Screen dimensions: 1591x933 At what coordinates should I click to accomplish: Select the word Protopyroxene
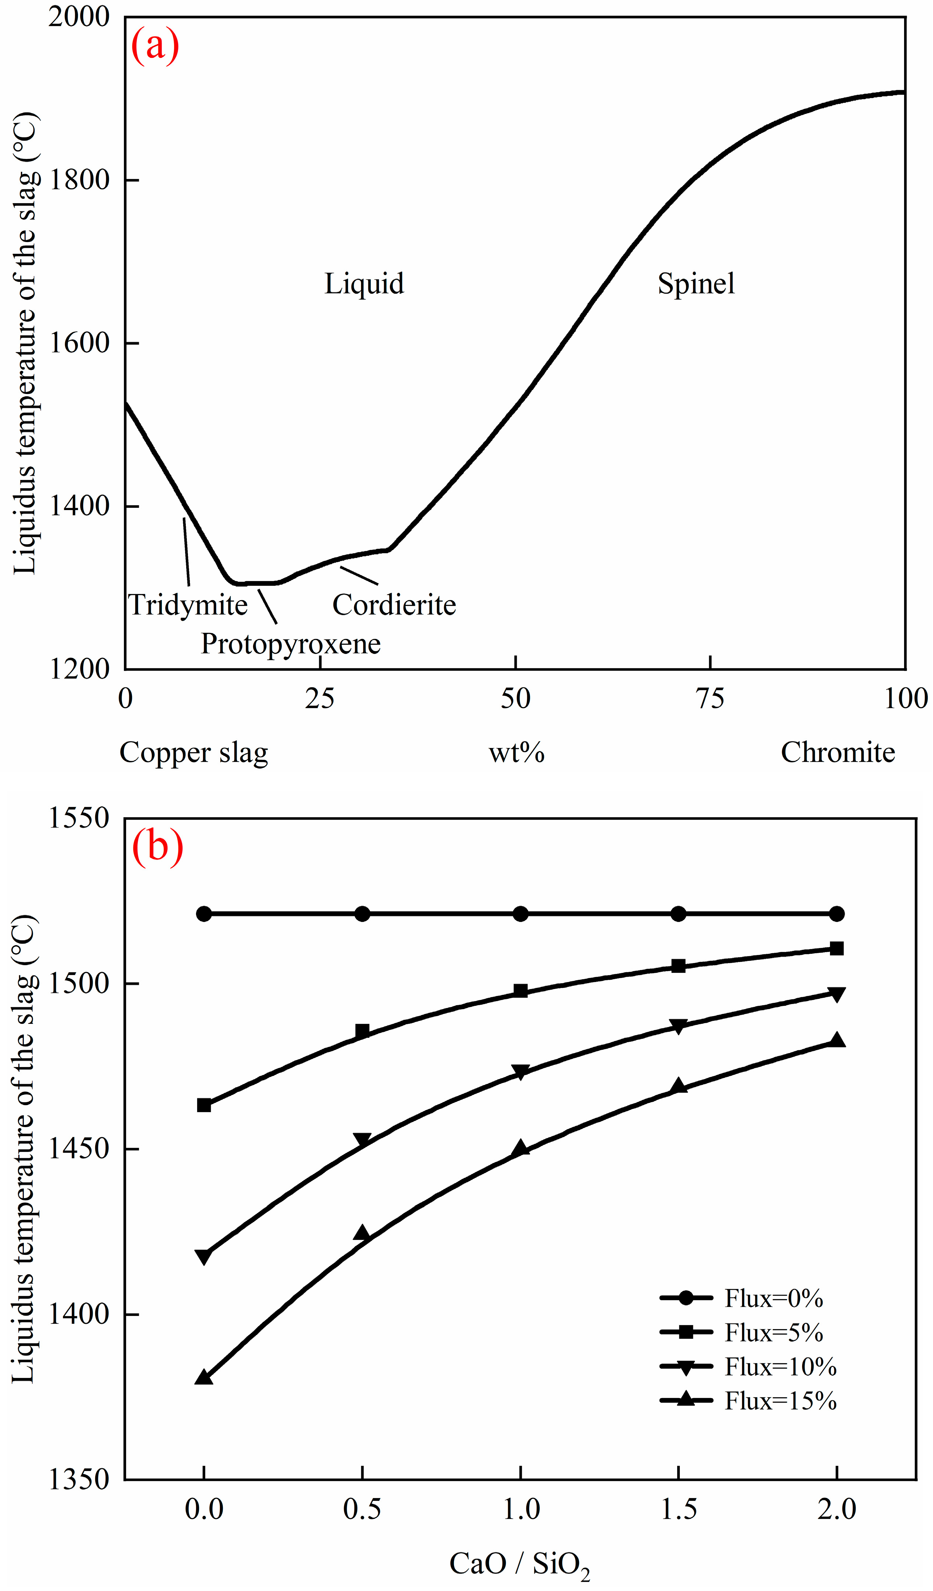pyautogui.click(x=291, y=644)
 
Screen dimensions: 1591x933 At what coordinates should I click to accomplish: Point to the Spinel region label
pyautogui.click(x=696, y=284)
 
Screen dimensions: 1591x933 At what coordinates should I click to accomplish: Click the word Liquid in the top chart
pyautogui.click(x=364, y=284)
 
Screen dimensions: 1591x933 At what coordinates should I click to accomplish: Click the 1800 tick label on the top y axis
pyautogui.click(x=79, y=180)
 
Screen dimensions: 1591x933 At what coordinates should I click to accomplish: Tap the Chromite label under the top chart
pyautogui.click(x=838, y=752)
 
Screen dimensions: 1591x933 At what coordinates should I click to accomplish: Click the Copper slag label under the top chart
pyautogui.click(x=194, y=752)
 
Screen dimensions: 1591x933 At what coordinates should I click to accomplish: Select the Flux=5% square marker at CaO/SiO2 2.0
pyautogui.click(x=836, y=949)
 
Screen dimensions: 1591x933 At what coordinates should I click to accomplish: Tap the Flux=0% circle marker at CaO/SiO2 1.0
pyautogui.click(x=520, y=914)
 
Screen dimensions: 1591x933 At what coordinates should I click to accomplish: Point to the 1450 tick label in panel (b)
pyautogui.click(x=79, y=1149)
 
